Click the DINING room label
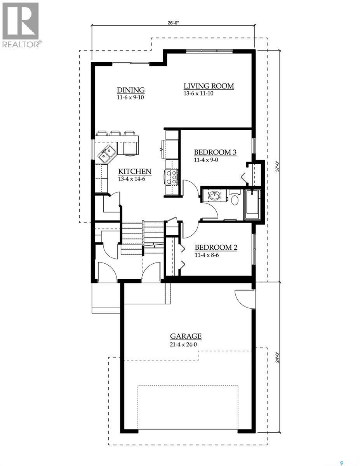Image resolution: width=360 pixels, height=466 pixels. pos(130,90)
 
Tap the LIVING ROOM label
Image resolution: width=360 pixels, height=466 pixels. pos(209,86)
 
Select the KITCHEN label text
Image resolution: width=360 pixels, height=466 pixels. pos(135,171)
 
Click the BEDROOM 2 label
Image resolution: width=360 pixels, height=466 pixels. pos(216,247)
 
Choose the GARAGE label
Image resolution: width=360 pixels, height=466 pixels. pos(186,336)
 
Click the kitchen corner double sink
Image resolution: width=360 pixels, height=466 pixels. pos(106,153)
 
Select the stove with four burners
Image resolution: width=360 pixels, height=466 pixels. pos(171,177)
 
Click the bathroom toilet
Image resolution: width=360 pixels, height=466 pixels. pos(234,199)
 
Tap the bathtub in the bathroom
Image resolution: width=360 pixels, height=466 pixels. pos(252,205)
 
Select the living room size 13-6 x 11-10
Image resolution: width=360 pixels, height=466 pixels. pos(199,94)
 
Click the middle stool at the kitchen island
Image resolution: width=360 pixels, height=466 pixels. pos(115,133)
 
